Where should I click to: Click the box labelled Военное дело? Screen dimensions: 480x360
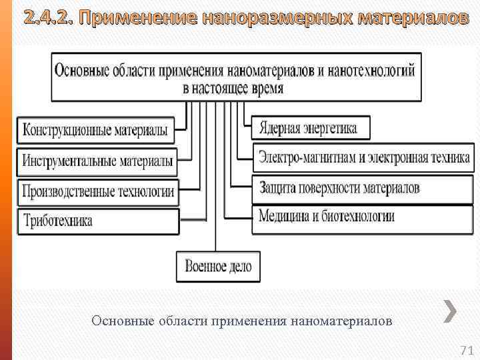tap(218, 267)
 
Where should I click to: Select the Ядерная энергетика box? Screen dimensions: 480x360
tap(311, 127)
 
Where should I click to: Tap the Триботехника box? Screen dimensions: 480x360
tap(98, 221)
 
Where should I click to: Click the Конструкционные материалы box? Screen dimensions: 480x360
tap(95, 130)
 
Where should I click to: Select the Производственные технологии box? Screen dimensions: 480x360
tap(98, 192)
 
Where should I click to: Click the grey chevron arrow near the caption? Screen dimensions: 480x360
tap(451, 311)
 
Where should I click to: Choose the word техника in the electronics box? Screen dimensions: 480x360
tap(447, 159)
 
